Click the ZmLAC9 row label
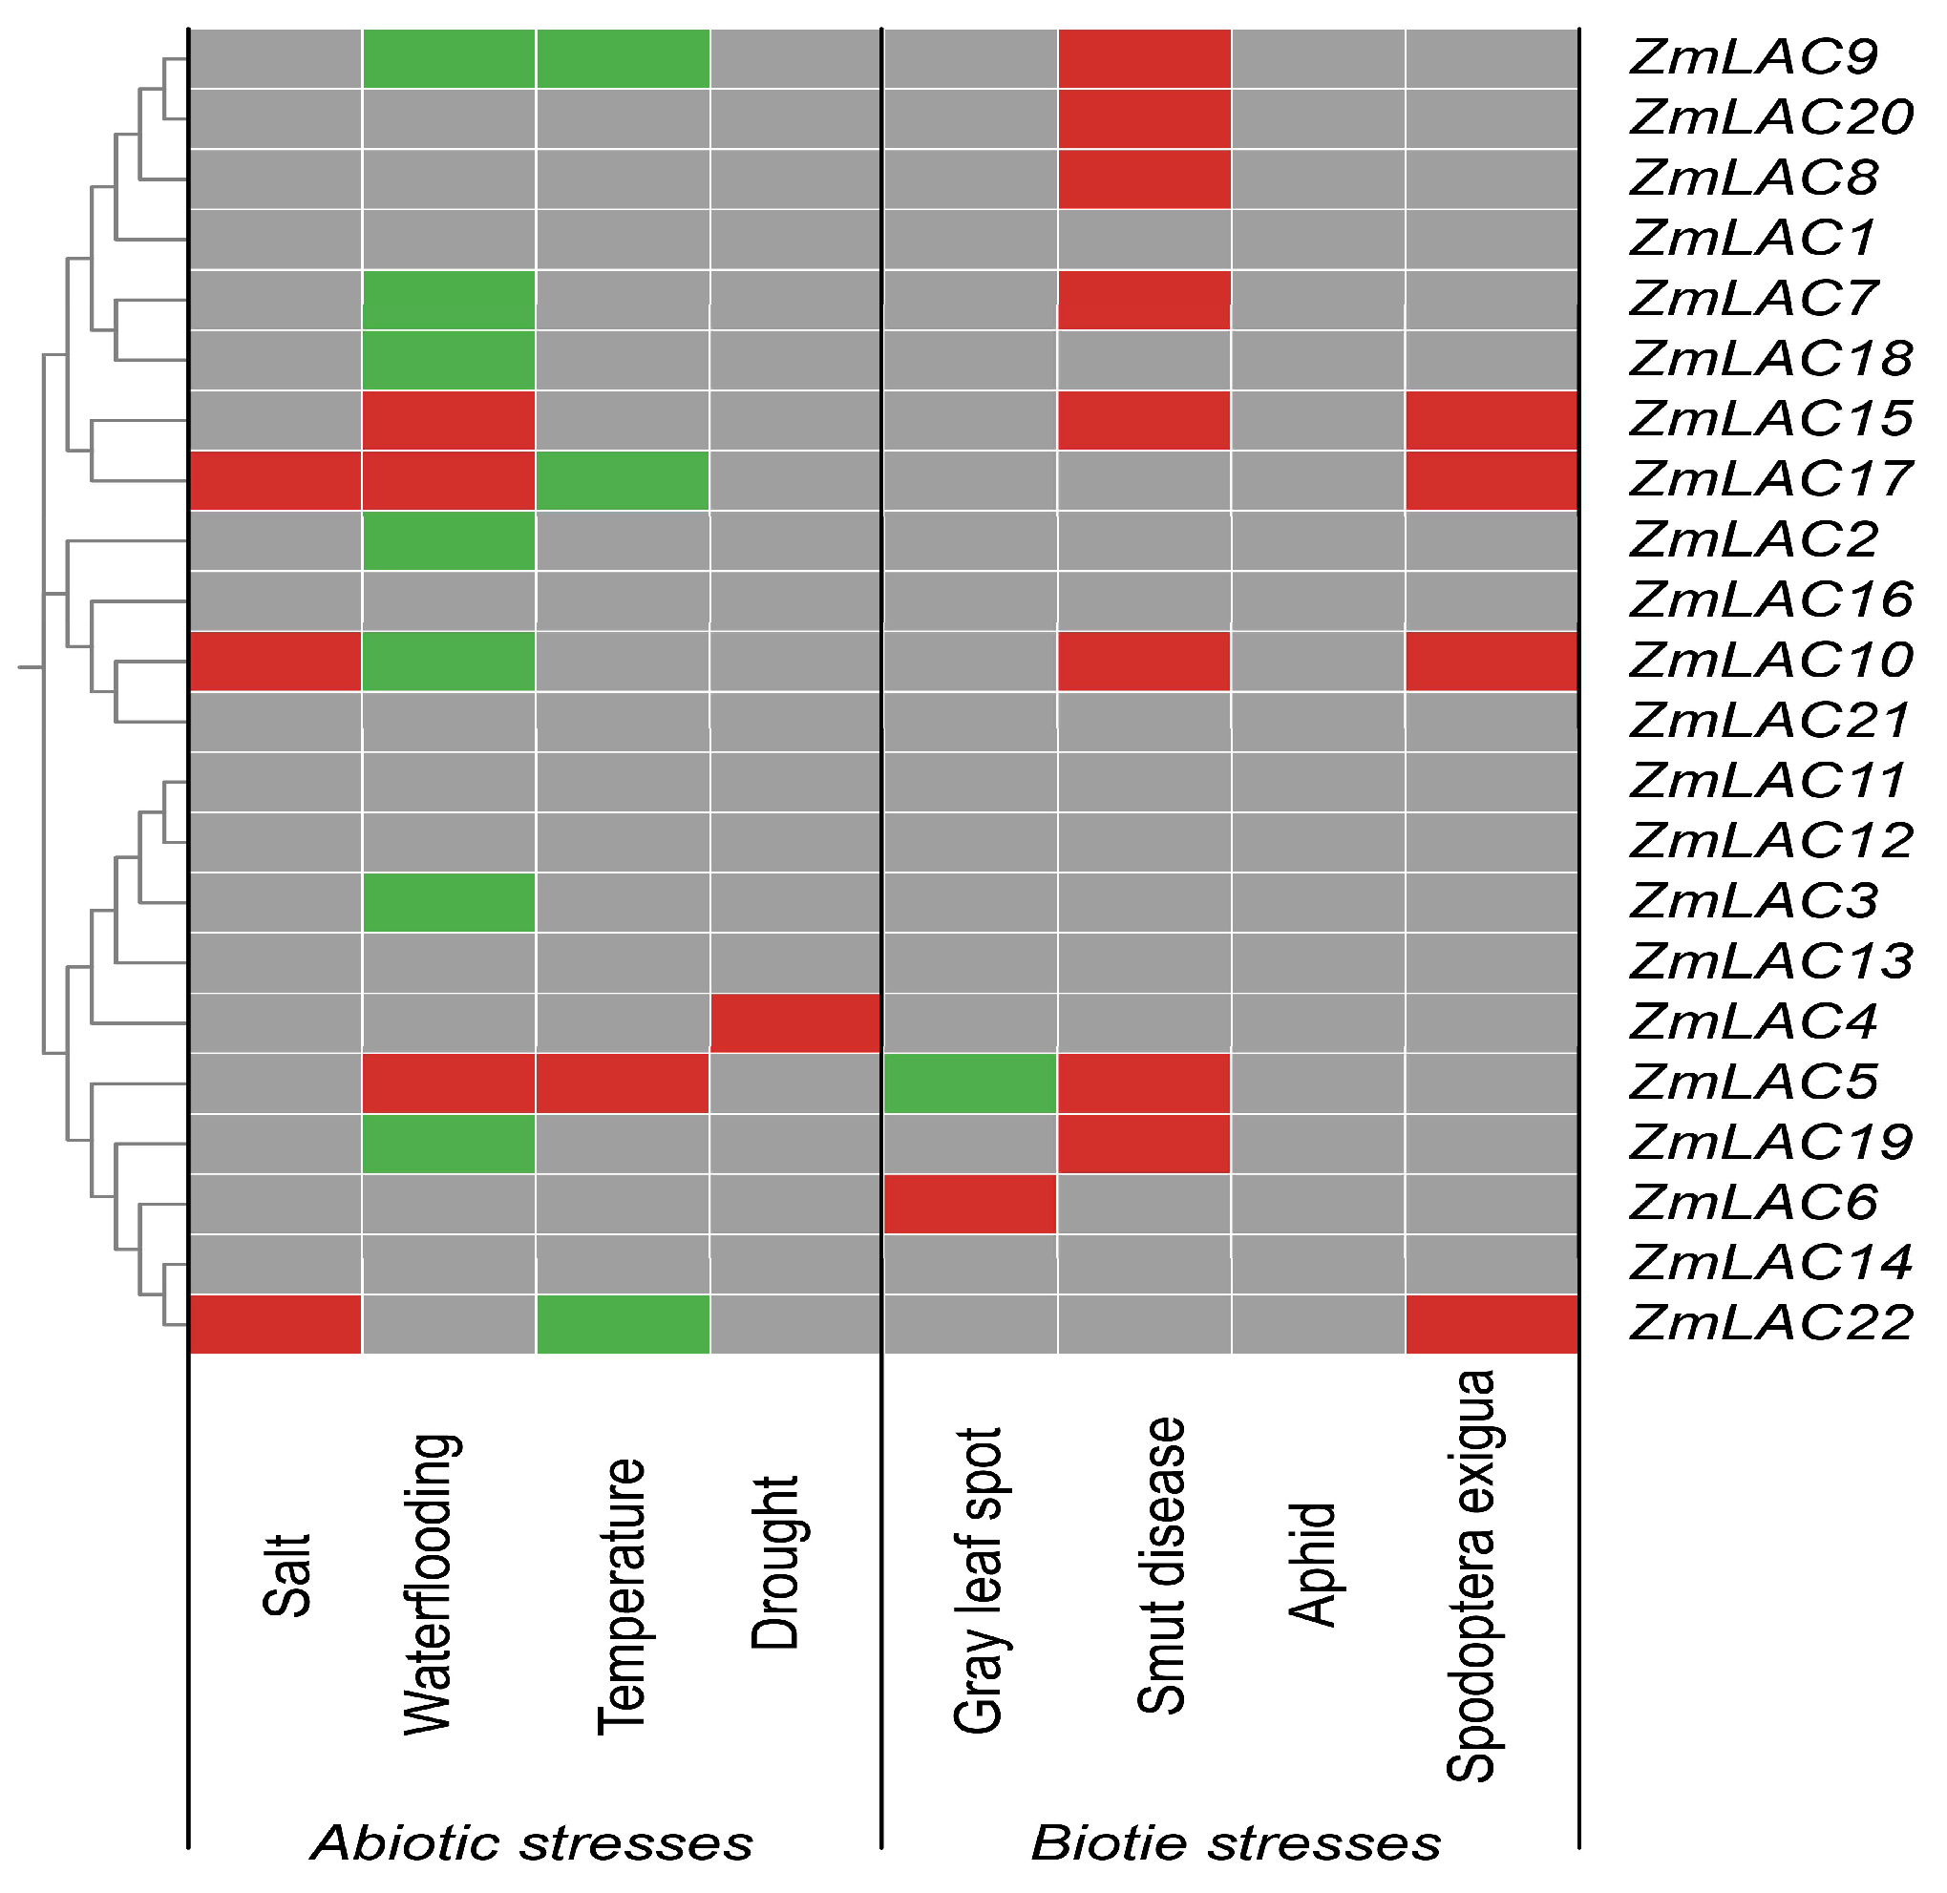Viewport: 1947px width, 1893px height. point(1754,57)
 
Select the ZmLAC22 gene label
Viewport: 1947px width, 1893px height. point(1771,1324)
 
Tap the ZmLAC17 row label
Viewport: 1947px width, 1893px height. point(1771,480)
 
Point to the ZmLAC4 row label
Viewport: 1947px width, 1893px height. point(1754,1023)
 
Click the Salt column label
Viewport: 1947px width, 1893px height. point(287,1575)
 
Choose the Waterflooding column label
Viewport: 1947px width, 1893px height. point(431,1585)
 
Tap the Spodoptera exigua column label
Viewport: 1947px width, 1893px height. point(1471,1576)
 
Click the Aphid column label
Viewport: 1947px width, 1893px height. point(1313,1564)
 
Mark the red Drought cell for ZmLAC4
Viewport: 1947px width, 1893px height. point(795,1023)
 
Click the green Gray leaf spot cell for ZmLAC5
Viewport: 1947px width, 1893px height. point(969,1083)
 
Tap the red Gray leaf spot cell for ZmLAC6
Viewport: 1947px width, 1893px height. point(969,1204)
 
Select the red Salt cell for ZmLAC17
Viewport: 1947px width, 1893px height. point(275,481)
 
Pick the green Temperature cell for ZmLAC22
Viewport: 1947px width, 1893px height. point(623,1324)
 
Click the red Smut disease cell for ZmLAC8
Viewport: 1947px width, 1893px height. point(1144,179)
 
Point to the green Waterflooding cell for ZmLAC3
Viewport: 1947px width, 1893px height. point(450,903)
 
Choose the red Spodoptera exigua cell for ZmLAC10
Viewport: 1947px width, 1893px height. point(1492,662)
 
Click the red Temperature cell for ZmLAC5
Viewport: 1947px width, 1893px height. point(623,1083)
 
